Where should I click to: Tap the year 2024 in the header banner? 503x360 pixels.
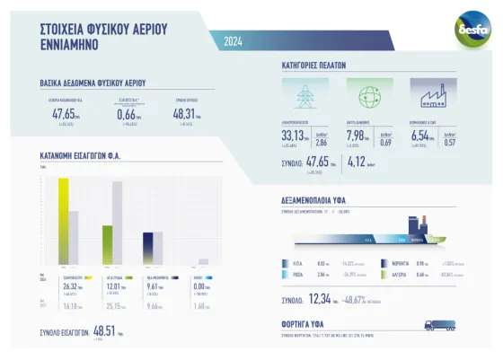(233, 41)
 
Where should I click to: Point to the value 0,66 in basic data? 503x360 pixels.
(126, 114)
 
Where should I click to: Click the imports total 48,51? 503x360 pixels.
(106, 331)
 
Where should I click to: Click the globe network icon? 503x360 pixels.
(365, 95)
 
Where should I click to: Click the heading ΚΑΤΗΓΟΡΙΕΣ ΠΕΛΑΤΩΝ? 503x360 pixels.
(313, 66)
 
